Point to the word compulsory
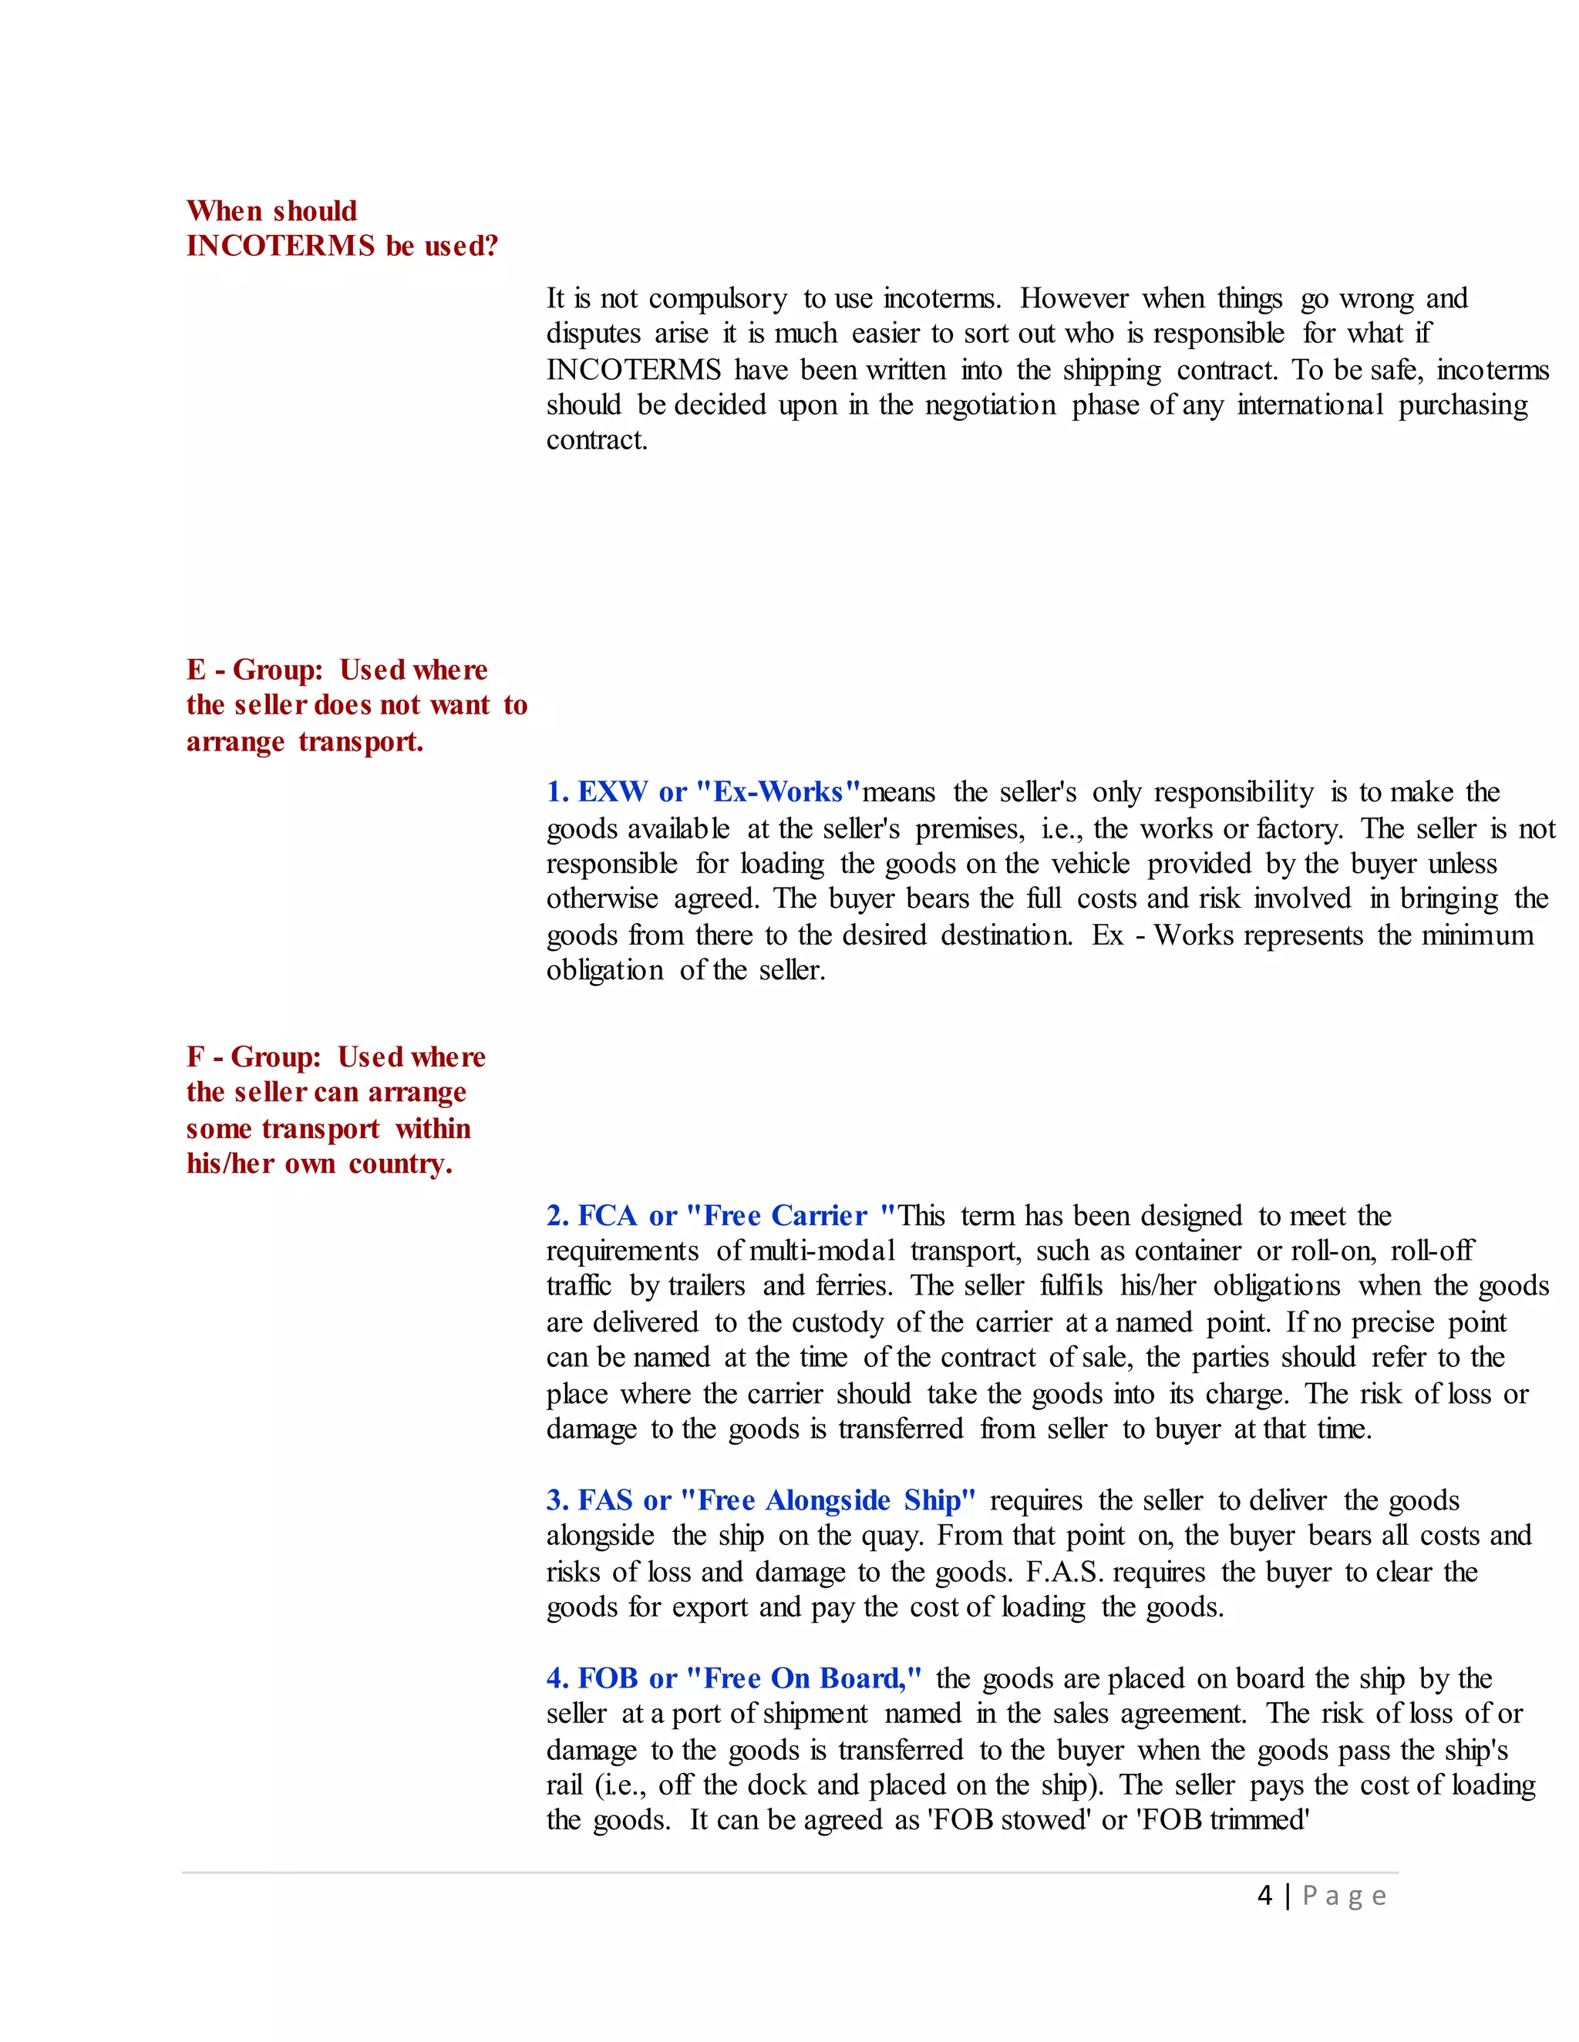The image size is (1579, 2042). [x=718, y=299]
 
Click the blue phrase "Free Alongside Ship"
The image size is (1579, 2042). [x=828, y=1500]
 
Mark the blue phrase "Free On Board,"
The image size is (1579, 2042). [x=804, y=1678]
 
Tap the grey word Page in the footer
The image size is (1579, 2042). [x=1344, y=1896]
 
